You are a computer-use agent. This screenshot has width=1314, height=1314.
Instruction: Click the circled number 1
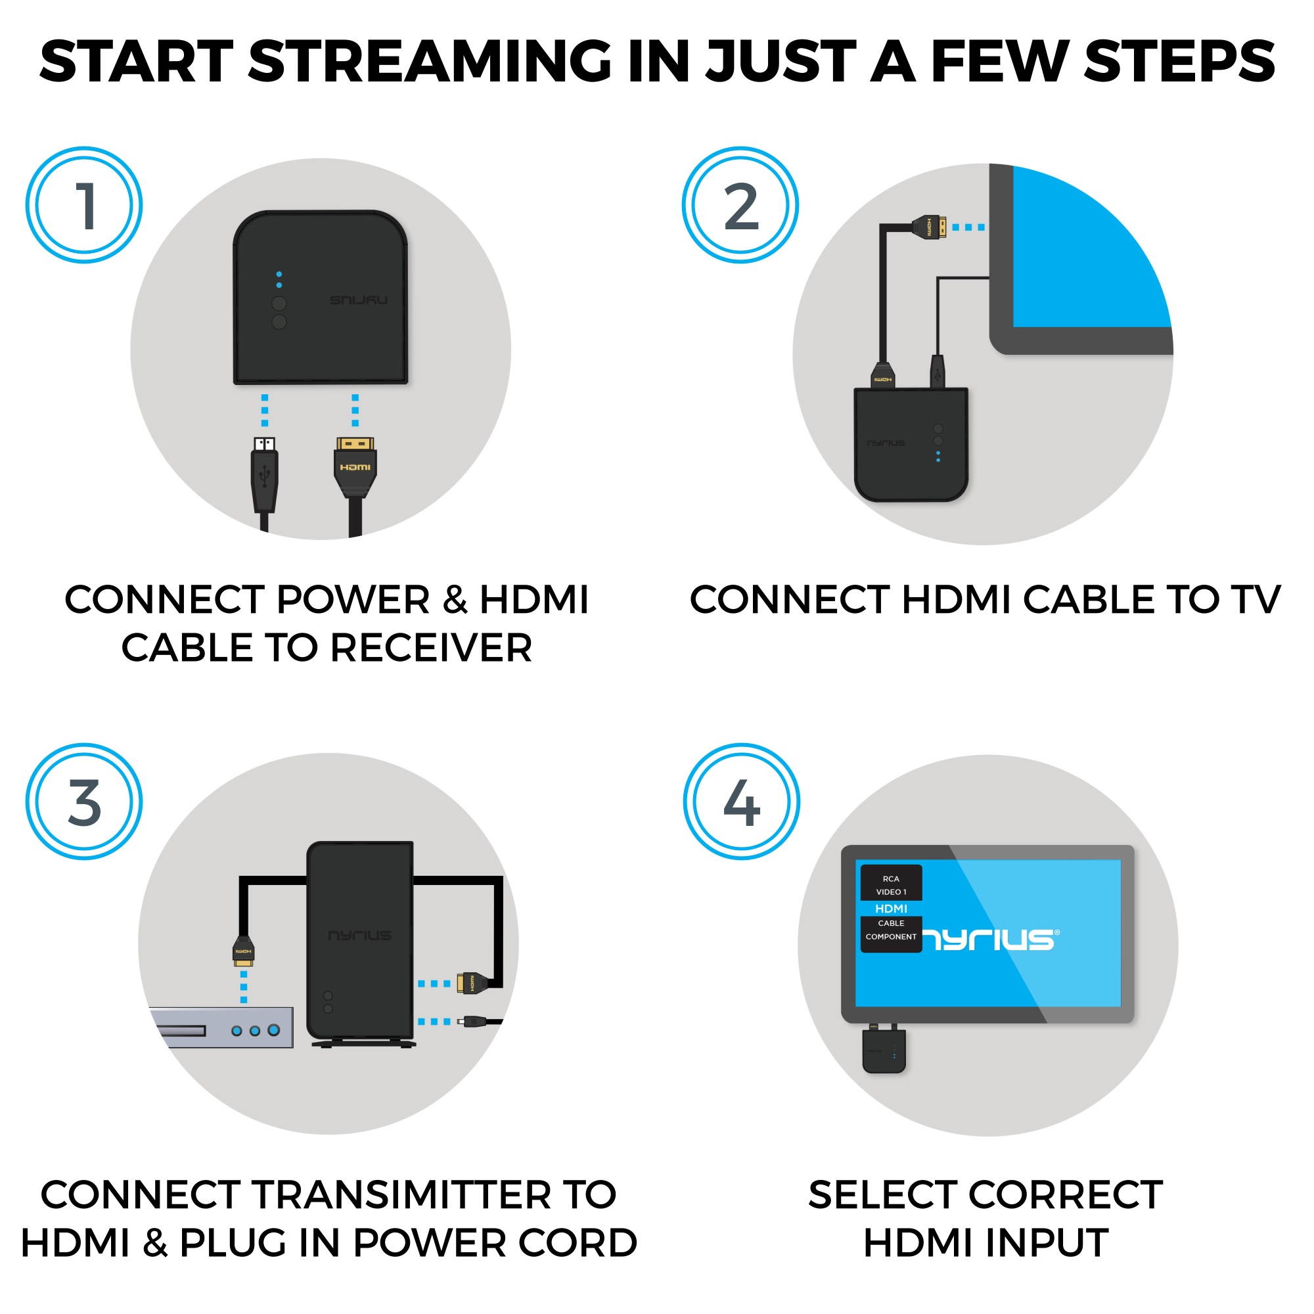[x=84, y=206]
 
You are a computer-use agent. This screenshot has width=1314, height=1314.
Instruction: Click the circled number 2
[x=740, y=206]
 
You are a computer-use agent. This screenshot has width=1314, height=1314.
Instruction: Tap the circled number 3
[x=84, y=802]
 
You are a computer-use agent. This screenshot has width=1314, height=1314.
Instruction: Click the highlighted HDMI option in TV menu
[x=891, y=909]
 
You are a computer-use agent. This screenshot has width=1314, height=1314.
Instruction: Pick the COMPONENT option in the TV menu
[x=891, y=936]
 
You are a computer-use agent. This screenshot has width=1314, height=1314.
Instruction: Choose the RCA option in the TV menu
[x=891, y=878]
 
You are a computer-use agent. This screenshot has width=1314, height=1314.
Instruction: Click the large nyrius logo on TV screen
[x=989, y=940]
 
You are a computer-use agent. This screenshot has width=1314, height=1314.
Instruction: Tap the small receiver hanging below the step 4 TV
[x=884, y=1051]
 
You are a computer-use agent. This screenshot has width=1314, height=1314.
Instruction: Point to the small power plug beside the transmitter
[x=472, y=1021]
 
